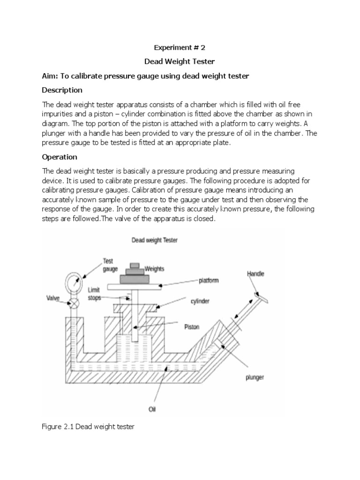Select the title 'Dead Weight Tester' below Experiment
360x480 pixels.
(x=180, y=61)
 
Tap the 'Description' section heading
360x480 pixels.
(x=62, y=90)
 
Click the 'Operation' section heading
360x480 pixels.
(x=60, y=157)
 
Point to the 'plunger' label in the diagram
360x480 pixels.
(x=255, y=377)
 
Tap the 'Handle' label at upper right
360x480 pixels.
(x=255, y=274)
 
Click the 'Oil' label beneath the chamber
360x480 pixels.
(x=152, y=409)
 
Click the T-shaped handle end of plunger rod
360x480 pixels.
(x=259, y=296)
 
